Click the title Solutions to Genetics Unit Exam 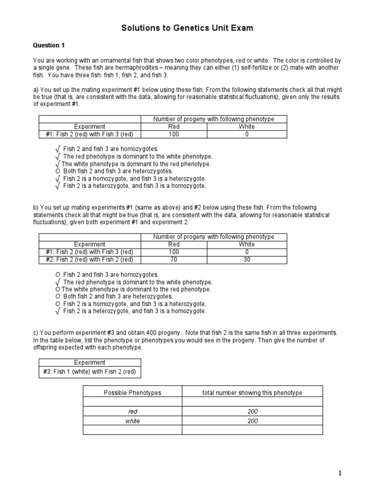(187, 28)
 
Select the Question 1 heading (49, 45)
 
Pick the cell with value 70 (174, 259)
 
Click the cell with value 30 (247, 259)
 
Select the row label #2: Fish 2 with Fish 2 (90, 259)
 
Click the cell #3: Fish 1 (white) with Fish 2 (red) (90, 372)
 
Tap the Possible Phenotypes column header (132, 393)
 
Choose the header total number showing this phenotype (252, 393)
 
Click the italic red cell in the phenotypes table (132, 412)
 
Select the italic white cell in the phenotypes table (132, 421)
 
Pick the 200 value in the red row (252, 412)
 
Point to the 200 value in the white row (252, 421)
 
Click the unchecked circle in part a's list (58, 171)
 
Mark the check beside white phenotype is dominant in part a (58, 164)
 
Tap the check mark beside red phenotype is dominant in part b (58, 282)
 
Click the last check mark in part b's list (58, 311)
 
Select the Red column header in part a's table (174, 126)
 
